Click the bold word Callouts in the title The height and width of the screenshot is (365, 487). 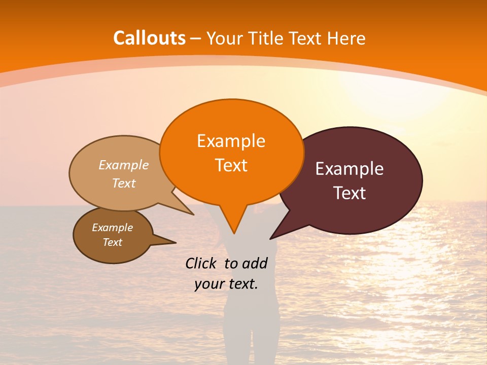[x=149, y=38]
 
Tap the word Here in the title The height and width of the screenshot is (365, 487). [x=346, y=38]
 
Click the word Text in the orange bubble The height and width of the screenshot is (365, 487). [x=231, y=165]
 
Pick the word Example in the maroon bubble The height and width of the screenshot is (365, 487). [x=350, y=169]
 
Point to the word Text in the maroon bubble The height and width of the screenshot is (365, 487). [x=350, y=193]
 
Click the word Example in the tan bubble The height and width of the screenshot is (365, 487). [x=123, y=165]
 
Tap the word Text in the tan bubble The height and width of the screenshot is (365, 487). [x=123, y=183]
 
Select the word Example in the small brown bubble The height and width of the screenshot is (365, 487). [x=112, y=228]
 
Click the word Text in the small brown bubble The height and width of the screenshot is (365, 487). [x=112, y=242]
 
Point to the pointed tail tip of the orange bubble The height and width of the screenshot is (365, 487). [x=234, y=233]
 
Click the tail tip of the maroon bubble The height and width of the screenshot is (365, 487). [x=270, y=238]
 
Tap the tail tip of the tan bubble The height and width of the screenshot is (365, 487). [x=194, y=214]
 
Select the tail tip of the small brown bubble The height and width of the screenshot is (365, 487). [x=176, y=242]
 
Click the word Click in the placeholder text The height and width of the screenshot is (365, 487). [x=202, y=263]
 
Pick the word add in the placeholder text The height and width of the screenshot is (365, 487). [x=254, y=263]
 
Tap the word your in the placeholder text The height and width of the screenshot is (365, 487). [x=209, y=284]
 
